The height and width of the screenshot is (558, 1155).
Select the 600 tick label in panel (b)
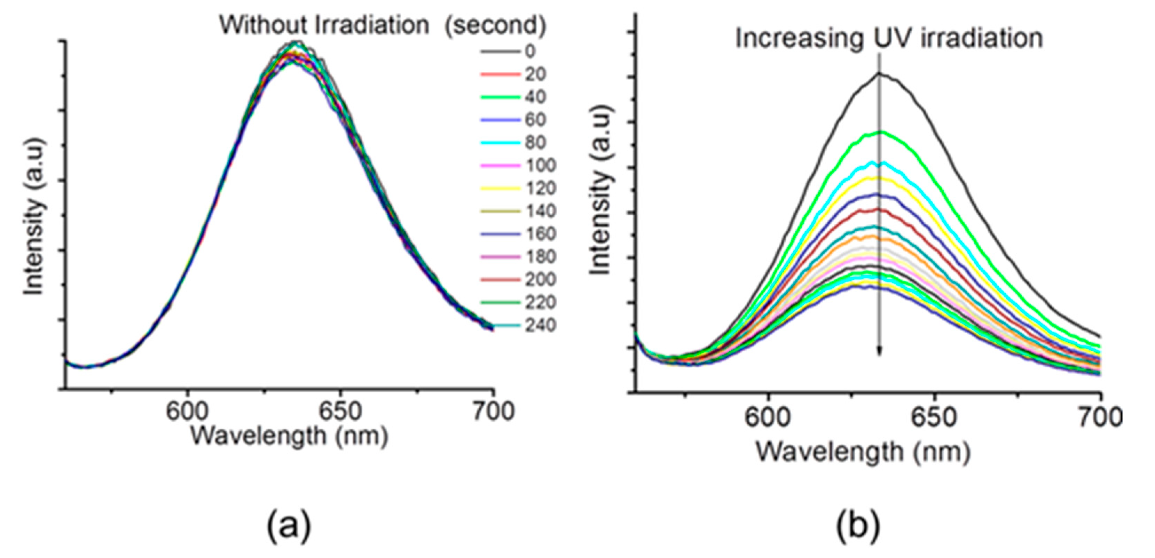pos(767,418)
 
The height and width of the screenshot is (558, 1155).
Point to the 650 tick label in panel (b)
pos(934,418)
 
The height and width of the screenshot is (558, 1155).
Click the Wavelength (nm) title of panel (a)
pos(289,436)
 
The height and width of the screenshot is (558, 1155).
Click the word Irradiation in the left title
pos(372,25)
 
